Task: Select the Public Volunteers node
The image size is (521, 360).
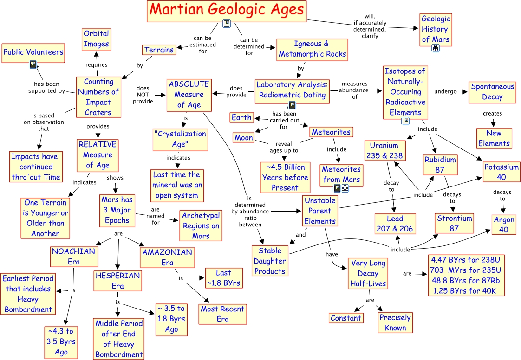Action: coord(33,52)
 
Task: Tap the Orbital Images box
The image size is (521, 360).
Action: coord(97,39)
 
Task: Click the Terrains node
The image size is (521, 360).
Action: coord(159,50)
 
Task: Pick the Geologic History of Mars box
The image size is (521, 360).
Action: coord(436,29)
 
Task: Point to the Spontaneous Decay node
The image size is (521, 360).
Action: coord(492,92)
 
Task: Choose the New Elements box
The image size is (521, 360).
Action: coord(494,138)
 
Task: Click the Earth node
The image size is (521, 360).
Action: coord(241,117)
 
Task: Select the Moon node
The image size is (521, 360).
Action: coord(244,138)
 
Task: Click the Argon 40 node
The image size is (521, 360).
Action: coord(504,224)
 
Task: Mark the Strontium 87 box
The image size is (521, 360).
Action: coord(454,223)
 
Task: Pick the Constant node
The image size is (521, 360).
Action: coord(346,318)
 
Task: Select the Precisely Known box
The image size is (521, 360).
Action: coord(395,322)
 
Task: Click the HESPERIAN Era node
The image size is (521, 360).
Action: coord(117,281)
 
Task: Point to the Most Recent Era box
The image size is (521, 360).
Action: coord(222,314)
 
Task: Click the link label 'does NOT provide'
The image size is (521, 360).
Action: coord(143,95)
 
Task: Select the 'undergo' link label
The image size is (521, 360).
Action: coord(445,91)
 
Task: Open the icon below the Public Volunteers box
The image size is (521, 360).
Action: coord(33,64)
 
